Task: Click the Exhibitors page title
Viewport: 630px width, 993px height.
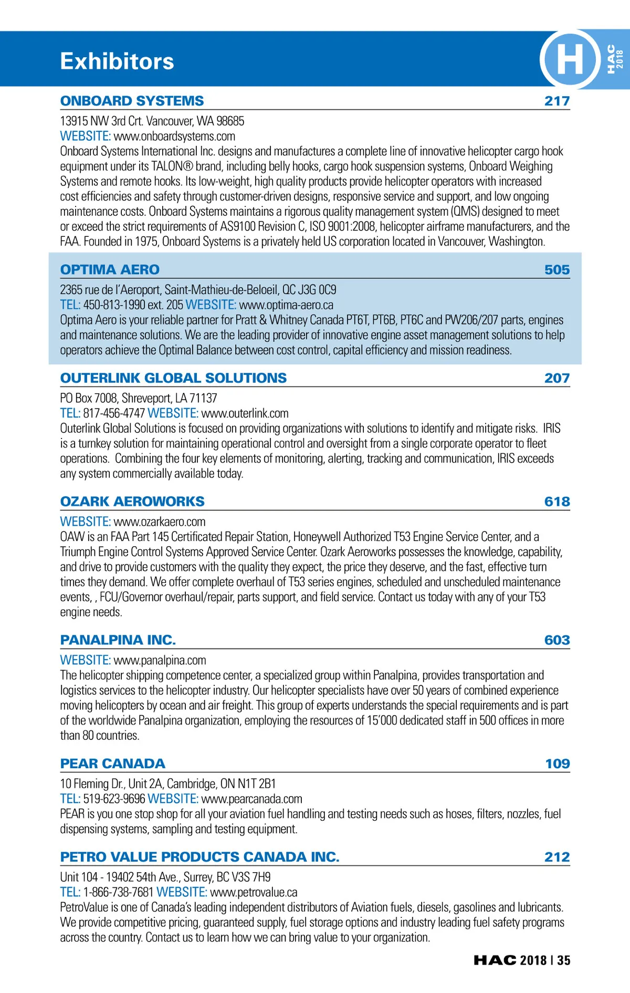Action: tap(117, 61)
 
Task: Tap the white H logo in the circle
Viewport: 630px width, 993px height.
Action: tap(570, 59)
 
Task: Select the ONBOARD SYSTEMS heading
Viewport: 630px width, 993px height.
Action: tap(132, 101)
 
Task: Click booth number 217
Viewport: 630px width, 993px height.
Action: tap(557, 101)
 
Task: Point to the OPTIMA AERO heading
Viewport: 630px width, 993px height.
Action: tap(110, 269)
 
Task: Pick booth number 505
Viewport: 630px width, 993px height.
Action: tap(557, 270)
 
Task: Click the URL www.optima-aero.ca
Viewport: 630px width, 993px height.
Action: tap(286, 305)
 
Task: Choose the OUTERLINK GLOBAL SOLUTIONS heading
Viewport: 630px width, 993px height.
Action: tap(173, 378)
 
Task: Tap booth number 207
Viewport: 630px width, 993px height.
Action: tap(557, 378)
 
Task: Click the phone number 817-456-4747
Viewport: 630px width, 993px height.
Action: tap(114, 414)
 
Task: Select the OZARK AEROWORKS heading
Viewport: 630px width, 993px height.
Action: tap(132, 501)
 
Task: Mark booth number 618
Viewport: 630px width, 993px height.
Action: tap(557, 501)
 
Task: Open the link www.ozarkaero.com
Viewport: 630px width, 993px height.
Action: tap(160, 522)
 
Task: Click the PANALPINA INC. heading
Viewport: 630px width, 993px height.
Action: tap(118, 640)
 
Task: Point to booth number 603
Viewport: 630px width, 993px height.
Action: tap(557, 640)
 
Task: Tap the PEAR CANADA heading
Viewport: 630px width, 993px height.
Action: tap(112, 764)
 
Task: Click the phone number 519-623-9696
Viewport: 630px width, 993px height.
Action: tap(114, 799)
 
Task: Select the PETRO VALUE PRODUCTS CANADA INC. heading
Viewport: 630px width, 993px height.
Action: tap(199, 857)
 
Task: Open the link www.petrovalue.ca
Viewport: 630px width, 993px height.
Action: tap(254, 893)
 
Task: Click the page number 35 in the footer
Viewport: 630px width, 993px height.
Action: tap(564, 960)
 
